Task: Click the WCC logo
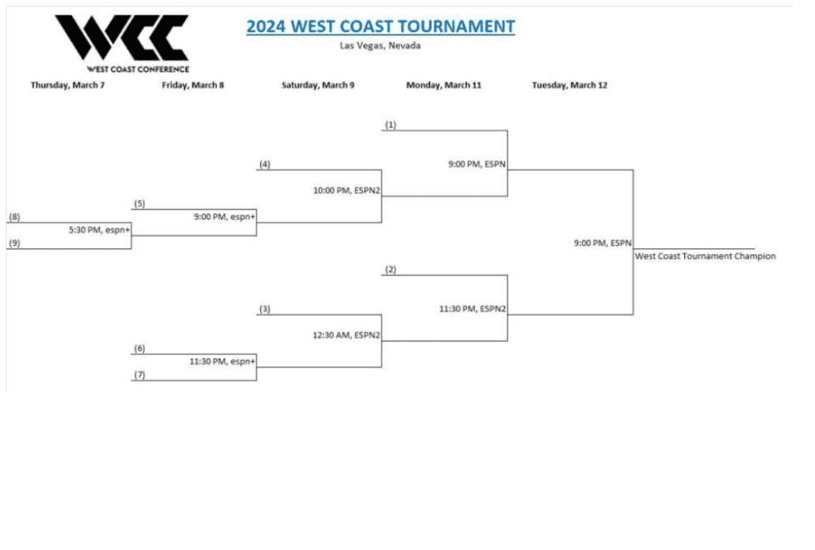pyautogui.click(x=121, y=41)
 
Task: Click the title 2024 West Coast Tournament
pyautogui.click(x=381, y=26)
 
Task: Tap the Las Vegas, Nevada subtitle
pyautogui.click(x=380, y=46)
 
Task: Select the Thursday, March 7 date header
pyautogui.click(x=67, y=85)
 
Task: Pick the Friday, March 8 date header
pyautogui.click(x=192, y=85)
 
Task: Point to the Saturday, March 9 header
pyautogui.click(x=318, y=85)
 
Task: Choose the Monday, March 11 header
pyautogui.click(x=443, y=85)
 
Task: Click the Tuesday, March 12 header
pyautogui.click(x=570, y=85)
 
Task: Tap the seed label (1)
pyautogui.click(x=391, y=125)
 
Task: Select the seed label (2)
pyautogui.click(x=391, y=270)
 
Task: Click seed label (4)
pyautogui.click(x=265, y=164)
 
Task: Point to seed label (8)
pyautogui.click(x=14, y=217)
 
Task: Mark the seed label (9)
pyautogui.click(x=14, y=243)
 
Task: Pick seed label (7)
pyautogui.click(x=140, y=375)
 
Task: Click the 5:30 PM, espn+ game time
pyautogui.click(x=100, y=230)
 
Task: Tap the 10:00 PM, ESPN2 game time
pyautogui.click(x=346, y=191)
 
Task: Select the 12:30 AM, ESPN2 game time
pyautogui.click(x=346, y=335)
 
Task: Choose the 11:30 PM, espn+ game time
pyautogui.click(x=222, y=361)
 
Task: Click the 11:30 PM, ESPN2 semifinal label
pyautogui.click(x=472, y=309)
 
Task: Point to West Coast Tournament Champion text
pyautogui.click(x=705, y=257)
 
